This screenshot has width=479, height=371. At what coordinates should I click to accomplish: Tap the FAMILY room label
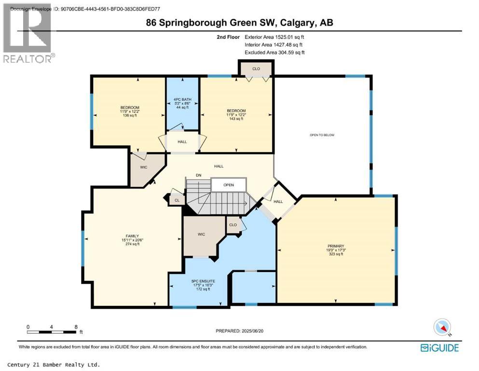[x=130, y=236]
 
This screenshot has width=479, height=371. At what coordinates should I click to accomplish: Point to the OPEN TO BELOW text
[x=322, y=135]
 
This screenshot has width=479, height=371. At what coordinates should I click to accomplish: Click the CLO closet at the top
[x=256, y=69]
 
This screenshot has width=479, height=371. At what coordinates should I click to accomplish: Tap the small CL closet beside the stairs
[x=177, y=200]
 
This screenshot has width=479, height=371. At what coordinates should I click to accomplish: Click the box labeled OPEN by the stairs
[x=229, y=185]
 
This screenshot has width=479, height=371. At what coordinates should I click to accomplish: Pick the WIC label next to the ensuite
[x=202, y=234]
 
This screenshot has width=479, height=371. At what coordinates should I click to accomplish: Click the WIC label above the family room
[x=143, y=168]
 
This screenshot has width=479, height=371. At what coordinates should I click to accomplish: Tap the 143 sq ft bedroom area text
[x=236, y=119]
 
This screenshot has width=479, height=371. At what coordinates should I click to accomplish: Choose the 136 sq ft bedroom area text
[x=130, y=115]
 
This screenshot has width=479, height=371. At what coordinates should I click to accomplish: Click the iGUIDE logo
[x=439, y=347]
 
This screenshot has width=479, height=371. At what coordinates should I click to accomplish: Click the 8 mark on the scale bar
[x=76, y=327]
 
